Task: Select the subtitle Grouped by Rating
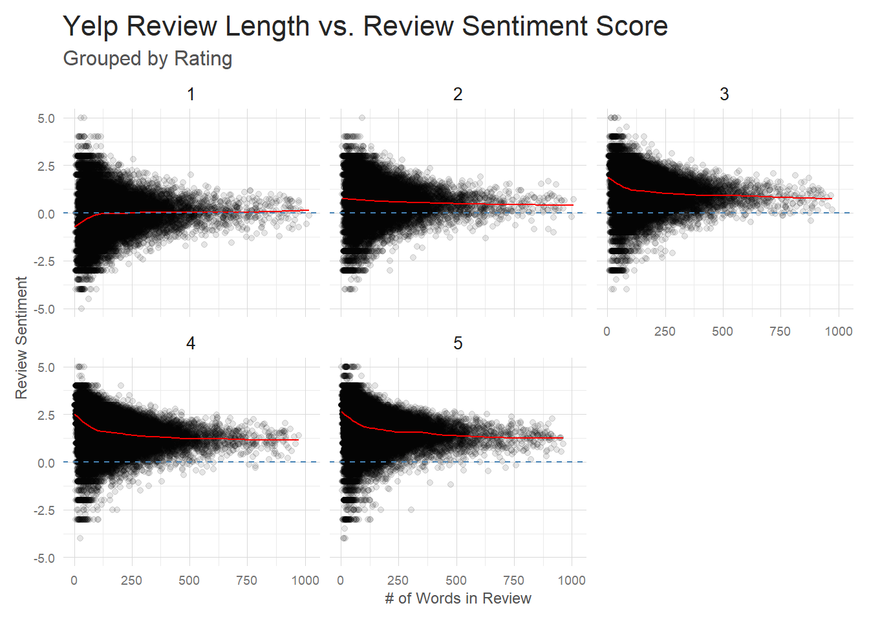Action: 147,59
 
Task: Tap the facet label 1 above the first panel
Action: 191,94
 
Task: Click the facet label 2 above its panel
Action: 458,94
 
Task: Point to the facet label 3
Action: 724,94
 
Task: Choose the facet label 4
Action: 191,343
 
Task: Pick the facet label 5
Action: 458,343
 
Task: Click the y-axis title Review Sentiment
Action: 22,338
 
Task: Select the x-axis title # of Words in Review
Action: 458,598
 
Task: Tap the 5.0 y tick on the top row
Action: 46,118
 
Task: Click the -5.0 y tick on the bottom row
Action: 44,558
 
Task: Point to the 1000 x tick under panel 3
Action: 839,331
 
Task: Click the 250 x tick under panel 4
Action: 131,580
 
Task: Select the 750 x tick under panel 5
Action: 513,580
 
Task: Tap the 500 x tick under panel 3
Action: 722,331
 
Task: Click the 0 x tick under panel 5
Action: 341,580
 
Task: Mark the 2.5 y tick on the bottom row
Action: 46,415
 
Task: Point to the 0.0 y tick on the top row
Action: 46,214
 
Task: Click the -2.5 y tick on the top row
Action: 44,262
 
